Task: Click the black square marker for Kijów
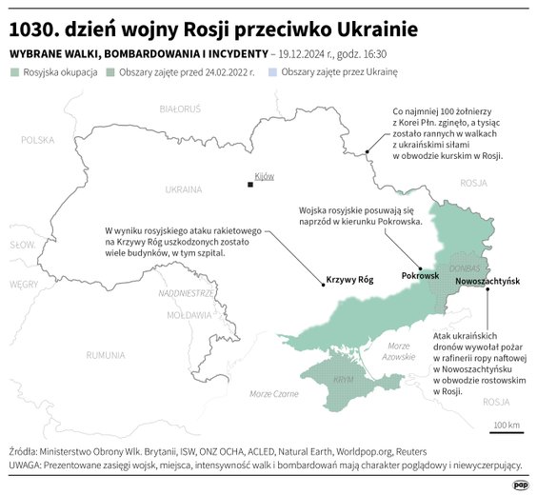click(x=249, y=183)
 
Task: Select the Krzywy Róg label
click(x=350, y=280)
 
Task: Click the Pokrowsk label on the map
click(x=420, y=275)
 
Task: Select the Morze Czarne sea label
click(x=273, y=393)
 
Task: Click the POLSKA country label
click(x=39, y=140)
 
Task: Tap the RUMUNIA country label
click(x=105, y=355)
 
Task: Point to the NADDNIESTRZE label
click(x=186, y=293)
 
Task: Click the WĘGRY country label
click(x=24, y=284)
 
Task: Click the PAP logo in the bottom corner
click(x=521, y=484)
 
